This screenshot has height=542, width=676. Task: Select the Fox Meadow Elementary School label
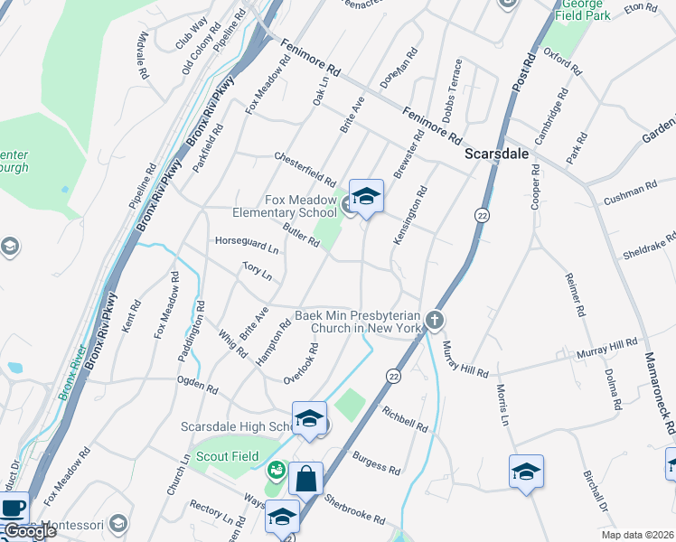[300, 207]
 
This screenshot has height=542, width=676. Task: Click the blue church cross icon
[435, 320]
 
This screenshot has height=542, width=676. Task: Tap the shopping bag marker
[306, 479]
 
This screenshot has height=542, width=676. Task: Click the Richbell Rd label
[403, 417]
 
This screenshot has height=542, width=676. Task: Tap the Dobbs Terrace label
[452, 90]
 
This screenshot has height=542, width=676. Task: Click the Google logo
[30, 532]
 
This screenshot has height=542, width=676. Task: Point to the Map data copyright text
[638, 535]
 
